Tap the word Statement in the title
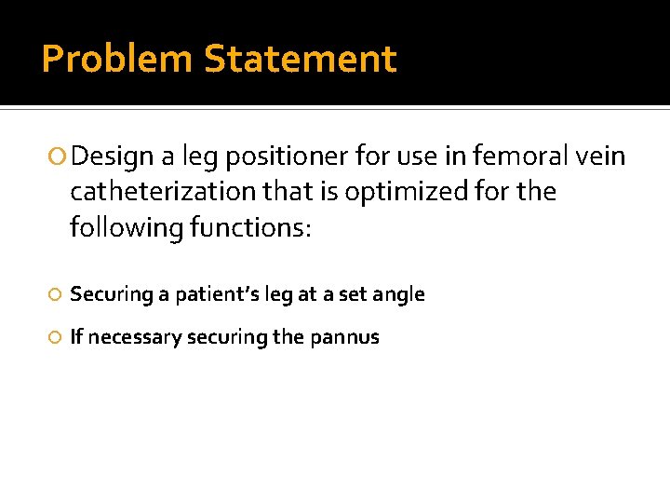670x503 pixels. point(300,59)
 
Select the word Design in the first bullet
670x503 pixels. point(106,156)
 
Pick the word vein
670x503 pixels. point(601,156)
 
